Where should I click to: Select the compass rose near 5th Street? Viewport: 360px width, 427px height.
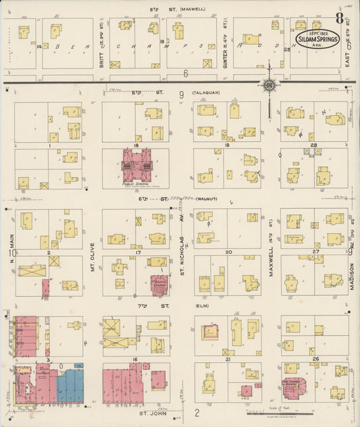(x=268, y=85)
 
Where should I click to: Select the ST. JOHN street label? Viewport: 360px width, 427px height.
(x=153, y=411)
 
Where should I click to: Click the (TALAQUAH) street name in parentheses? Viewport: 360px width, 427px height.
(x=205, y=93)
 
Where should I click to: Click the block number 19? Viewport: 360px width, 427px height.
(x=228, y=145)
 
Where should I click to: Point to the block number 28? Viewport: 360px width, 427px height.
(x=313, y=145)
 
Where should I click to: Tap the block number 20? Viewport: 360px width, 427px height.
(x=228, y=252)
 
